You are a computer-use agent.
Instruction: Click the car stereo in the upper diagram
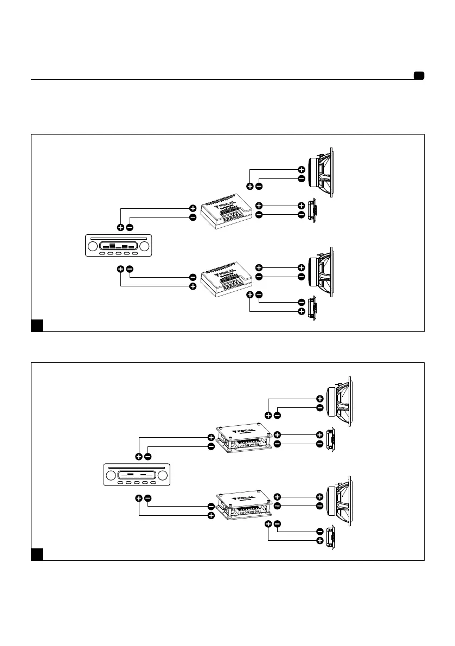coord(119,246)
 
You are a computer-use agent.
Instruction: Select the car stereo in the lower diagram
coord(137,475)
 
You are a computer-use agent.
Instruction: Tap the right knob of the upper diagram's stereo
coord(144,246)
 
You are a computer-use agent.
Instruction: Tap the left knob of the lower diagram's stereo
coord(111,476)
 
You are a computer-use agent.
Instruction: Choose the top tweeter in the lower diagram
coord(331,440)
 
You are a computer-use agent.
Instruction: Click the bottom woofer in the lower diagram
coord(339,501)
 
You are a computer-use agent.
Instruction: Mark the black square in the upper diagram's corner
coord(37,325)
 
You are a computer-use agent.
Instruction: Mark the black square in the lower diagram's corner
coord(37,554)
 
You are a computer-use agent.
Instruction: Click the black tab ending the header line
coord(419,75)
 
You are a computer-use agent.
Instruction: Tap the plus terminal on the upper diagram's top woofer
coord(302,169)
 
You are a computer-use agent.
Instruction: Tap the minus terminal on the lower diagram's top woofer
coord(320,408)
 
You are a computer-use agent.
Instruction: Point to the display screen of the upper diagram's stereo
coord(119,246)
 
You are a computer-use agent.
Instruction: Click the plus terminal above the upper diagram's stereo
coord(120,227)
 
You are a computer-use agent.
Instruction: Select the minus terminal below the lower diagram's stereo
coord(148,498)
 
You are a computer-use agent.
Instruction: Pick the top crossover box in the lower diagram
coord(244,438)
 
